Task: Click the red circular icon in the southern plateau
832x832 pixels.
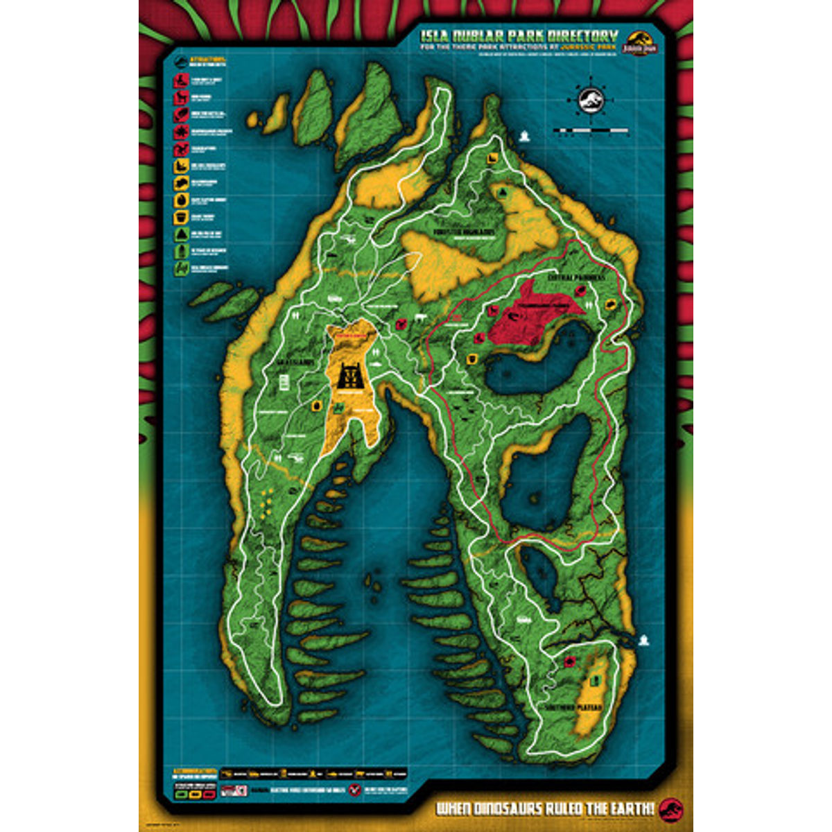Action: coord(569,661)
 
